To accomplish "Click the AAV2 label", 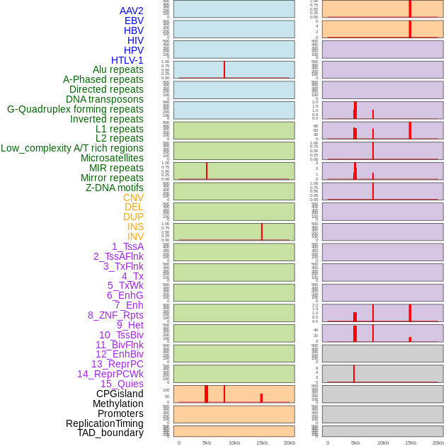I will [132, 11].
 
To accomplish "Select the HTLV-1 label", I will [127, 60].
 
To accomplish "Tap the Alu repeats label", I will [118, 70].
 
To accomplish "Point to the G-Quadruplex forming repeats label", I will [75, 109].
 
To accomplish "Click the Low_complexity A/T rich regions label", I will [72, 148].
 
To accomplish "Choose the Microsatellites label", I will [112, 158].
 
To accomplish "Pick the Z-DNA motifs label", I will [115, 188].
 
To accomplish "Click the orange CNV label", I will [133, 198].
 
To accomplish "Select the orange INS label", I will [135, 227].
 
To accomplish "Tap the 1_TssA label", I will [127, 246].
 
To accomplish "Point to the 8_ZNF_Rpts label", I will [115, 315].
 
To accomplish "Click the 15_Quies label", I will [122, 384].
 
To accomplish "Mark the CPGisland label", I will [120, 394].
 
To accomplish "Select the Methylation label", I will [118, 404].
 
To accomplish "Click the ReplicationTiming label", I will [105, 423].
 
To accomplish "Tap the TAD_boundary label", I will [110, 433].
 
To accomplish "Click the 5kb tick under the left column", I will [207, 442].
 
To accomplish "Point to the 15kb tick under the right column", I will [411, 442].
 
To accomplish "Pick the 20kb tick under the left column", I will [290, 442].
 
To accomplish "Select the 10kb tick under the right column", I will [383, 442].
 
